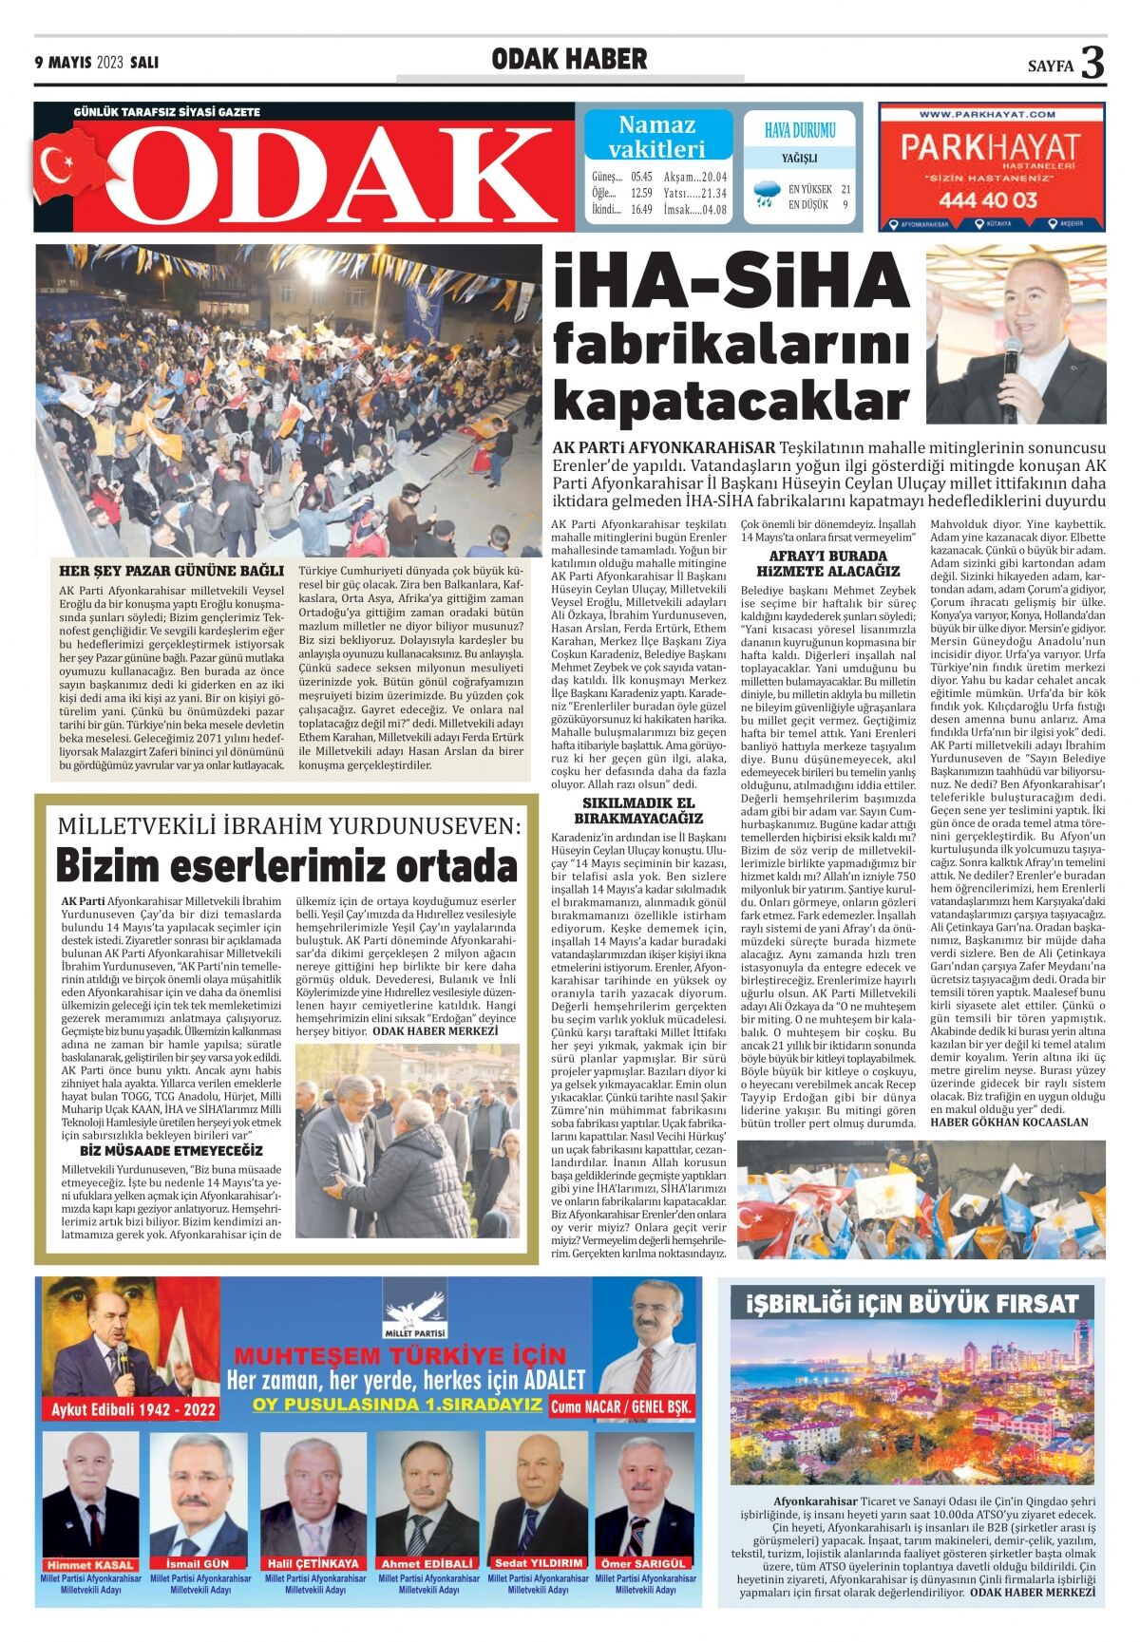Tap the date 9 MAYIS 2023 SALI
pyautogui.click(x=97, y=63)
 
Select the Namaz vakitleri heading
pyautogui.click(x=657, y=136)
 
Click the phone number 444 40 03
pyautogui.click(x=988, y=199)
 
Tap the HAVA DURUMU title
pyautogui.click(x=800, y=130)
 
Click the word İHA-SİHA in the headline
pyautogui.click(x=731, y=282)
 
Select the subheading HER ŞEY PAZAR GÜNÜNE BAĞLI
pyautogui.click(x=171, y=571)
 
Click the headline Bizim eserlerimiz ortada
pyautogui.click(x=286, y=865)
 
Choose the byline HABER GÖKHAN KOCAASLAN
pyautogui.click(x=1009, y=1122)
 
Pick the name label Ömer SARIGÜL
pyautogui.click(x=643, y=1563)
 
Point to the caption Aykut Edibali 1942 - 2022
pyautogui.click(x=134, y=1409)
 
